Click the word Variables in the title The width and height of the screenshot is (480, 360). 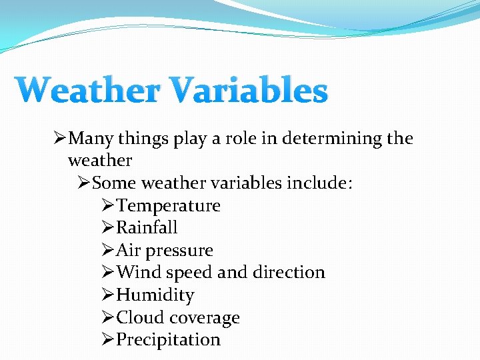[x=250, y=91]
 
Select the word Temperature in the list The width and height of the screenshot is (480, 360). [x=168, y=205]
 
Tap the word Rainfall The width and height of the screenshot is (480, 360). [x=147, y=228]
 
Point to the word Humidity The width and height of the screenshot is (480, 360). [x=155, y=295]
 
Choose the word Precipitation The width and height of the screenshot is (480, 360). [x=168, y=340]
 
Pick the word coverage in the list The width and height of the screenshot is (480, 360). [x=205, y=318]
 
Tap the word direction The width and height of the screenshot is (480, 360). [x=289, y=273]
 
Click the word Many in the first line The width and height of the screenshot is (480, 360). [x=91, y=139]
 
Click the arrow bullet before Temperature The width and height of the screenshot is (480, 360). [x=108, y=205]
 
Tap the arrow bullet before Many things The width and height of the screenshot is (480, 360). [x=60, y=139]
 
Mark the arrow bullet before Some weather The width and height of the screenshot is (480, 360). [x=84, y=183]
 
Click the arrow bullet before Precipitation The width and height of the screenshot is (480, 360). [x=108, y=340]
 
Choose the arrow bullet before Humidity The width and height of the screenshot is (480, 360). [x=108, y=295]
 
